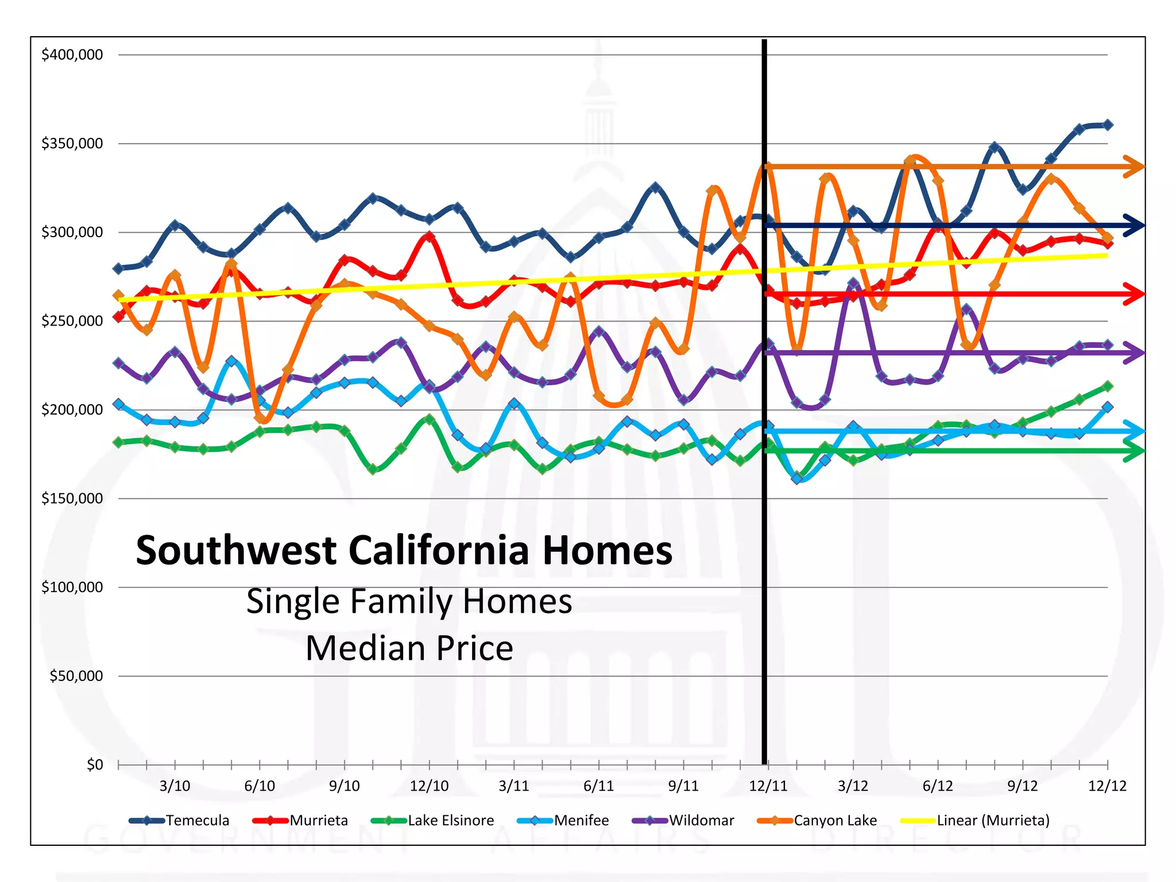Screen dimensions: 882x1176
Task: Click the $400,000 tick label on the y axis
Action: [x=72, y=55]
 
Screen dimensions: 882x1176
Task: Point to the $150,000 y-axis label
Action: [x=72, y=498]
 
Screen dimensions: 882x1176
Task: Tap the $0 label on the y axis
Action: [x=95, y=765]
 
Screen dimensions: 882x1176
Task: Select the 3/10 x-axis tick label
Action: [x=175, y=786]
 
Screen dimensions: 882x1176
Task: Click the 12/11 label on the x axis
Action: [x=768, y=786]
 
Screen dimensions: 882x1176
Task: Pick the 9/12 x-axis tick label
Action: [x=1023, y=786]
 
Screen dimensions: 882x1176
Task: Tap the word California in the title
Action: [x=439, y=551]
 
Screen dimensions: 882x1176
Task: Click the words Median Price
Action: [x=409, y=648]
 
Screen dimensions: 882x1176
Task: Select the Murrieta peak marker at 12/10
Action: [x=430, y=237]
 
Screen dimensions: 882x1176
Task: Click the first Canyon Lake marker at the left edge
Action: [x=119, y=296]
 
